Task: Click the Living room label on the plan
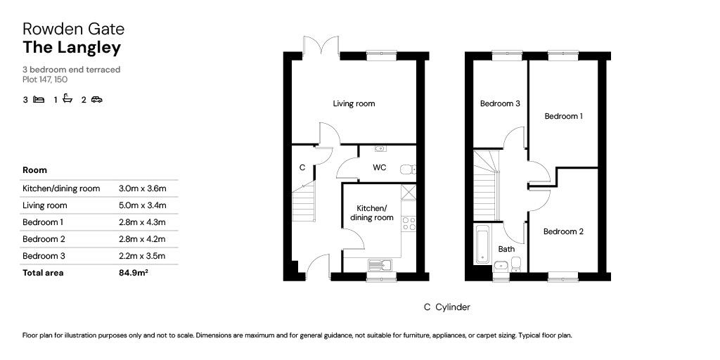pyautogui.click(x=354, y=104)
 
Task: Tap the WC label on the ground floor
pyautogui.click(x=379, y=168)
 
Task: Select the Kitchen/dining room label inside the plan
pyautogui.click(x=371, y=213)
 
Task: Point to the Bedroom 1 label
pyautogui.click(x=563, y=117)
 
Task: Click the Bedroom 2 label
pyautogui.click(x=563, y=232)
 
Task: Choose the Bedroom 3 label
pyautogui.click(x=500, y=104)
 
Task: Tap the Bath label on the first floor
pyautogui.click(x=506, y=249)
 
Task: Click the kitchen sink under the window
pyautogui.click(x=379, y=264)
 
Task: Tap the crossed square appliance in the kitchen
pyautogui.click(x=409, y=191)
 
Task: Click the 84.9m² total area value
pyautogui.click(x=134, y=273)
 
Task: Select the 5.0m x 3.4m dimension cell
pyautogui.click(x=143, y=205)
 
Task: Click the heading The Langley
pyautogui.click(x=72, y=48)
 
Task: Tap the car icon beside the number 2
pyautogui.click(x=96, y=100)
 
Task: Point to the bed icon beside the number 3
pyautogui.click(x=39, y=100)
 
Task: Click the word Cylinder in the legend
pyautogui.click(x=453, y=307)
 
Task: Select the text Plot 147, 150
pyautogui.click(x=45, y=79)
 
